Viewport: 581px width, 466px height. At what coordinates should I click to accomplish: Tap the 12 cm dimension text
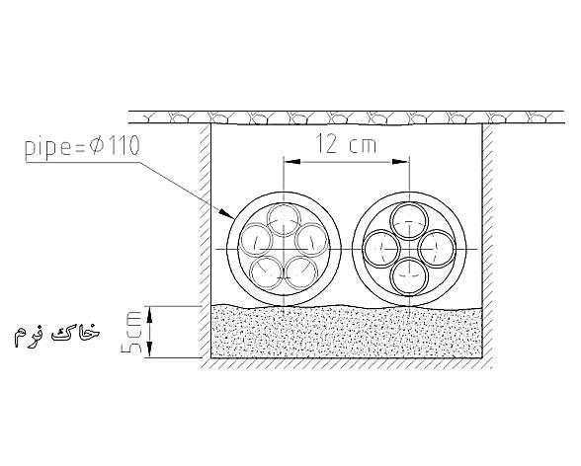pyautogui.click(x=346, y=144)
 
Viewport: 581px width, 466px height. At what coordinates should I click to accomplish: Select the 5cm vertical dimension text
pyautogui.click(x=131, y=332)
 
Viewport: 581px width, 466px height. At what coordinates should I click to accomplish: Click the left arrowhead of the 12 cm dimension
pyautogui.click(x=292, y=162)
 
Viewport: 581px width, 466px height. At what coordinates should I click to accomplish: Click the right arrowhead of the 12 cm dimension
pyautogui.click(x=401, y=162)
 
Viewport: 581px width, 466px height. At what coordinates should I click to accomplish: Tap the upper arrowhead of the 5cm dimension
pyautogui.click(x=150, y=314)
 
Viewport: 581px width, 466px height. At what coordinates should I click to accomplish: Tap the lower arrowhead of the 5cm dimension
pyautogui.click(x=150, y=349)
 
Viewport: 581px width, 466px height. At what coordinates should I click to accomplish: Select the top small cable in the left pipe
pyautogui.click(x=284, y=219)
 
